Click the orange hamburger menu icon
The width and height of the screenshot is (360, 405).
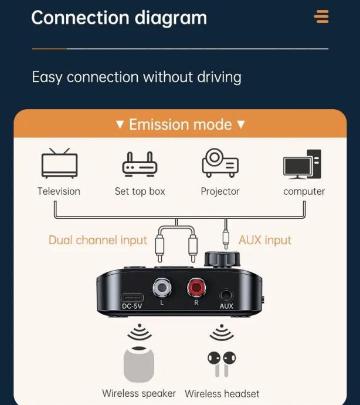pos(321,16)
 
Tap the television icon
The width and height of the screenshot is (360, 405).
pos(59,163)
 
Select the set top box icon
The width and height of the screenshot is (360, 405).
pos(140,164)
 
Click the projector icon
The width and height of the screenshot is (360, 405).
pos(220,163)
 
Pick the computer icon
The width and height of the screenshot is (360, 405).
pos(302,164)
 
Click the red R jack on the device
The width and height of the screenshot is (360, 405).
pos(196,287)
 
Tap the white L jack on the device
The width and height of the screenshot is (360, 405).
pos(162,287)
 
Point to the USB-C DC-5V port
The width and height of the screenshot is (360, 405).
pos(133,298)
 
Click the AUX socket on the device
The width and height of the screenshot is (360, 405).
pos(226,295)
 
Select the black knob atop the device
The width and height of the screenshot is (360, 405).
pos(222,259)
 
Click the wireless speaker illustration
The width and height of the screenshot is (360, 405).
pos(139,364)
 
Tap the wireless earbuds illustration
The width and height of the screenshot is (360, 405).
pos(222,364)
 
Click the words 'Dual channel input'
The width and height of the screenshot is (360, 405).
pos(98,240)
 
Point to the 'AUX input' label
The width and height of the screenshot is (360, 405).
pos(265,240)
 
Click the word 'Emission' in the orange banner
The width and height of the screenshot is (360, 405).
pos(159,124)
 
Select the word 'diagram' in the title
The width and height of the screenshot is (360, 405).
pos(171,19)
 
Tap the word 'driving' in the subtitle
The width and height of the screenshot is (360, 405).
pos(219,77)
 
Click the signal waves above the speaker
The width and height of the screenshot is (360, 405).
pos(140,332)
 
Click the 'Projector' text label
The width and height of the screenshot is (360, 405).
pos(220,192)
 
